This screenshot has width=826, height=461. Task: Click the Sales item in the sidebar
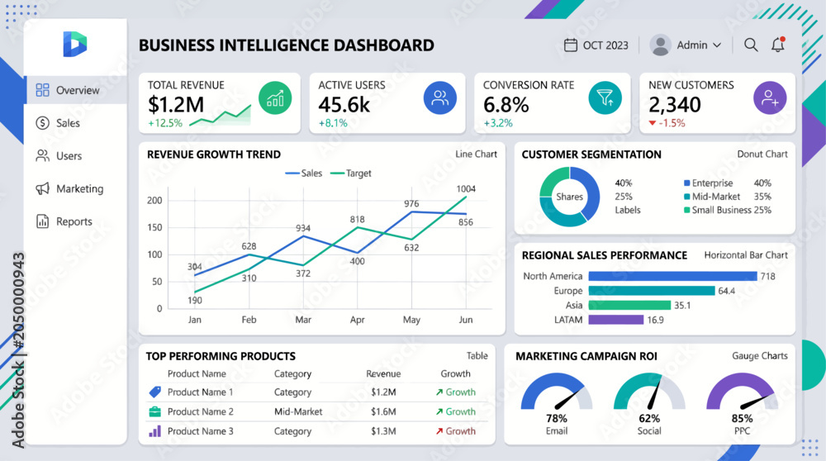tap(58, 123)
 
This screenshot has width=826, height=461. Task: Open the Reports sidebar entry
tap(64, 221)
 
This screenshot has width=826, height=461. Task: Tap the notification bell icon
tap(778, 45)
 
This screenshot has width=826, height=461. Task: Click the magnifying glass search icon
tap(751, 45)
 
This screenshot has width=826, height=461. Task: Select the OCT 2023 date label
tap(605, 45)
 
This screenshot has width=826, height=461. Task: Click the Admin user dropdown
tap(686, 45)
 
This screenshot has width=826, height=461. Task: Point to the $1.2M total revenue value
tap(175, 105)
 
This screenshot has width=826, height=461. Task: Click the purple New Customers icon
tap(770, 98)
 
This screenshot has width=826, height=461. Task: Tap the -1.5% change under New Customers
tap(667, 123)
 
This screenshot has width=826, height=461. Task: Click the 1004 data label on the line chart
tap(466, 188)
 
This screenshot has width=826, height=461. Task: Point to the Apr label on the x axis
tap(357, 320)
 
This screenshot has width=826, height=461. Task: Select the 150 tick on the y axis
tap(154, 227)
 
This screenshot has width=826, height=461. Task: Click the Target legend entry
tap(350, 173)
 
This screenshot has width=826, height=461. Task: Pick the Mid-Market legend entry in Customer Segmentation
tap(712, 197)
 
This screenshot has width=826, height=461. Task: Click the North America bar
tap(672, 276)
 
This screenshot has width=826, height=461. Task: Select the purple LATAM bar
tap(616, 320)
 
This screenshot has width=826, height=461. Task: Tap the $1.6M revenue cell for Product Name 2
tap(383, 411)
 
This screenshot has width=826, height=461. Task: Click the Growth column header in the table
tap(455, 373)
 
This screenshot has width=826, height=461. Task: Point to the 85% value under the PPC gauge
tap(742, 418)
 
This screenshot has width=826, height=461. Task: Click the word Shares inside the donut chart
tap(569, 197)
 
